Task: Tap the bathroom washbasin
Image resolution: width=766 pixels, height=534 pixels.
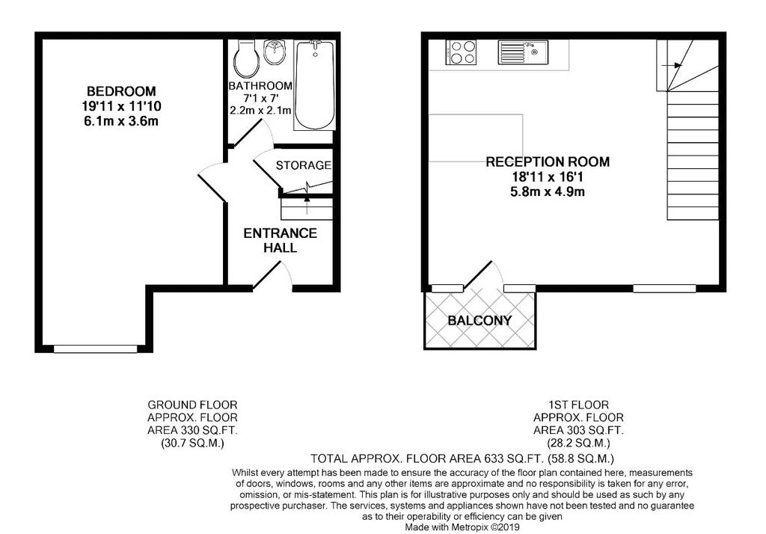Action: coord(276,52)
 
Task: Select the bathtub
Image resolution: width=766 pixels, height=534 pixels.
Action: coord(315,85)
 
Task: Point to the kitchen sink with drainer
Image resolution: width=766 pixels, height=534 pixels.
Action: coord(523,52)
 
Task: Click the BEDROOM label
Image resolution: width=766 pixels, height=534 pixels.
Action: coord(121,91)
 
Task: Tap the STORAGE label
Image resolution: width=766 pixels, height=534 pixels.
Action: coord(304,165)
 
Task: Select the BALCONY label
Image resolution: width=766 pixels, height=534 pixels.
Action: coord(479,321)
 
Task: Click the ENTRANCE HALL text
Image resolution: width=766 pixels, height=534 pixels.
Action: coord(281,240)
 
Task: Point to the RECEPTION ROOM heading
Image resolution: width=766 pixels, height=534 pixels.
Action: coord(548,162)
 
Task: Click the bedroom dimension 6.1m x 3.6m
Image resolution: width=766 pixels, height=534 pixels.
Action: coord(121,121)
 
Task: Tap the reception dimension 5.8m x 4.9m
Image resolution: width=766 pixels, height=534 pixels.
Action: coord(548,191)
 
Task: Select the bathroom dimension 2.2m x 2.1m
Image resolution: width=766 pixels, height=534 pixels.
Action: coord(260,111)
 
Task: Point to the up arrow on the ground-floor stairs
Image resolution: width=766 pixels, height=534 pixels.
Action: coord(307,205)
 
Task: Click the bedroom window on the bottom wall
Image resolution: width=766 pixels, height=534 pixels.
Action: coord(96,349)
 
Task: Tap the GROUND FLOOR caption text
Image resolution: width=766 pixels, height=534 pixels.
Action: coord(192,405)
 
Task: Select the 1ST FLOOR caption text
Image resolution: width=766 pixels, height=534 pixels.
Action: coord(578,405)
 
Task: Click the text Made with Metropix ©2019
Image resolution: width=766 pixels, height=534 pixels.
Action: coord(462,528)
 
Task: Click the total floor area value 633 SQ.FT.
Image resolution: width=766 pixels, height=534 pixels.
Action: coord(514,458)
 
